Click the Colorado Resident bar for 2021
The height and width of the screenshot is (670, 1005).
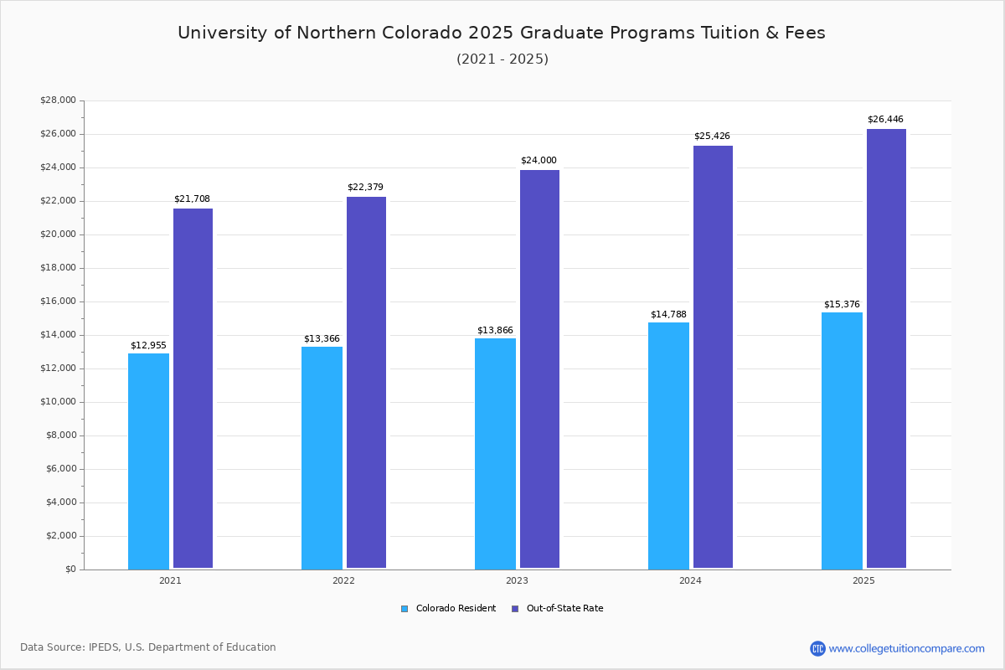[148, 461]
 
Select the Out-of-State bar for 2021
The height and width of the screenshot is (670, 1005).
[193, 389]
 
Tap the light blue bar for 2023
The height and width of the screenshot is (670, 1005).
[495, 453]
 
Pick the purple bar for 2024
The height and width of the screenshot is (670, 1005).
[713, 357]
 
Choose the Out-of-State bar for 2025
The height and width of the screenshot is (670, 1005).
[886, 348]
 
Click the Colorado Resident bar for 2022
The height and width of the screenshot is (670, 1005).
[322, 457]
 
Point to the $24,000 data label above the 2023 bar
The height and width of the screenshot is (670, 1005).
[539, 160]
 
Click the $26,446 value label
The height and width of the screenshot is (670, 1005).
[885, 119]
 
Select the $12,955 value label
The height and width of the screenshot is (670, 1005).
[148, 345]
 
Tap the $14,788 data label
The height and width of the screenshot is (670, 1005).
[668, 314]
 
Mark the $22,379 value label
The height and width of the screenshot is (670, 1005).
[365, 187]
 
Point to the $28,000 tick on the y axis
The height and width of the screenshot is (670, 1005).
[58, 100]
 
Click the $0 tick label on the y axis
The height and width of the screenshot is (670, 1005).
[70, 569]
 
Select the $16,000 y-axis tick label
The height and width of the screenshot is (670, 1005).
[58, 301]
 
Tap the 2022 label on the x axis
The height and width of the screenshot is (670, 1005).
[343, 580]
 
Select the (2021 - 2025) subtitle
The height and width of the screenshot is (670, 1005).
[502, 59]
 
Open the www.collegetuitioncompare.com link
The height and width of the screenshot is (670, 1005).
[906, 648]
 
